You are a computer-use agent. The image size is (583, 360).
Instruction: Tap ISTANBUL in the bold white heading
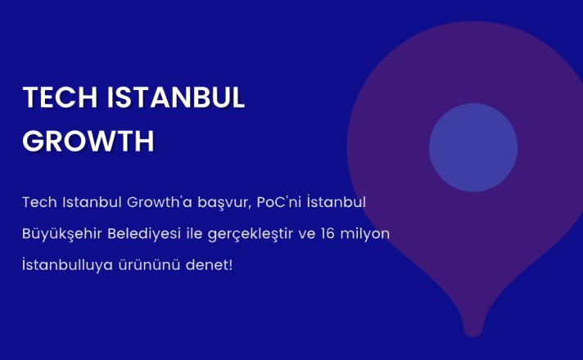pos(176,97)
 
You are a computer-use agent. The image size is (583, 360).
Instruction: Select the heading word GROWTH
pos(88,141)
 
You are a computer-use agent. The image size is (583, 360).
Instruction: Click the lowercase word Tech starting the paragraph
pos(40,202)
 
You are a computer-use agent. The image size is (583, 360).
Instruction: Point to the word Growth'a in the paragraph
pos(160,202)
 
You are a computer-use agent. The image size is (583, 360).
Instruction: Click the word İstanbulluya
pos(68,265)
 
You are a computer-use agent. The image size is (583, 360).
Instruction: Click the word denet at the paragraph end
pos(207,265)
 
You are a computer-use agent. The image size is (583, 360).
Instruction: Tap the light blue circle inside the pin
pos(473,147)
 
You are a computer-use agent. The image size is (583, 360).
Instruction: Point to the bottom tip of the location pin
pos(473,336)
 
